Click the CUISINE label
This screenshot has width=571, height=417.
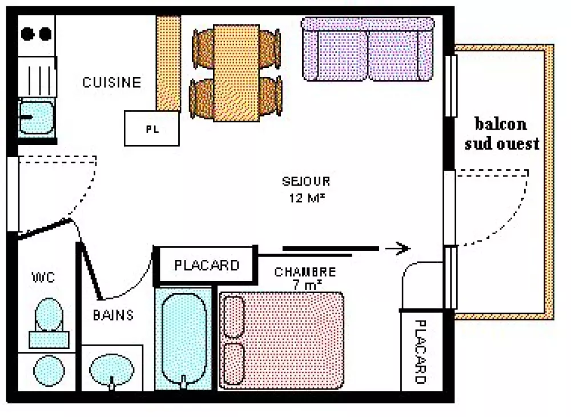(x=111, y=82)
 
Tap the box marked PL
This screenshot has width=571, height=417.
(x=152, y=129)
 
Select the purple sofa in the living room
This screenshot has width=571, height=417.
(x=368, y=49)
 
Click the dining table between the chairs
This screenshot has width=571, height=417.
(x=236, y=73)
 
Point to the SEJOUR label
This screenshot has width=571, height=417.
(x=306, y=182)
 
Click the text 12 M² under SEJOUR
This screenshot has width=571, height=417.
(x=306, y=198)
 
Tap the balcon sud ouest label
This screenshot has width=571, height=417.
(x=501, y=134)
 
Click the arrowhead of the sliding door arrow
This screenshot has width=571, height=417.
(x=403, y=248)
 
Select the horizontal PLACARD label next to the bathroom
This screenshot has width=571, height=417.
(x=206, y=266)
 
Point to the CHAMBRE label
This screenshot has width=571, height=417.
(x=304, y=272)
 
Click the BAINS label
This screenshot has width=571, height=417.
(x=114, y=315)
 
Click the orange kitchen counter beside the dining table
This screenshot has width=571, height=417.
(x=168, y=63)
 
